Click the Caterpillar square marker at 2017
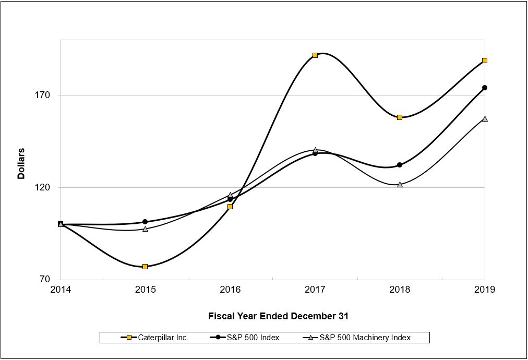[x=315, y=55]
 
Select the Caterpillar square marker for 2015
[x=145, y=267]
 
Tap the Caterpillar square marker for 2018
[x=400, y=117]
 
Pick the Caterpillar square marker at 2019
[x=485, y=61]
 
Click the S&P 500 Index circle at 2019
[x=485, y=88]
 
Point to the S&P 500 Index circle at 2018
[x=400, y=165]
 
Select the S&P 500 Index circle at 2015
[x=145, y=222]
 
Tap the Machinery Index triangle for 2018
[x=400, y=184]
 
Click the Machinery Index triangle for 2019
[x=485, y=118]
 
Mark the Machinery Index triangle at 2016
[x=230, y=195]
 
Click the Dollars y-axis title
[x=21, y=163]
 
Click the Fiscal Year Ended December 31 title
[x=278, y=316]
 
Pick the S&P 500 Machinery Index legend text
[x=365, y=338]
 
